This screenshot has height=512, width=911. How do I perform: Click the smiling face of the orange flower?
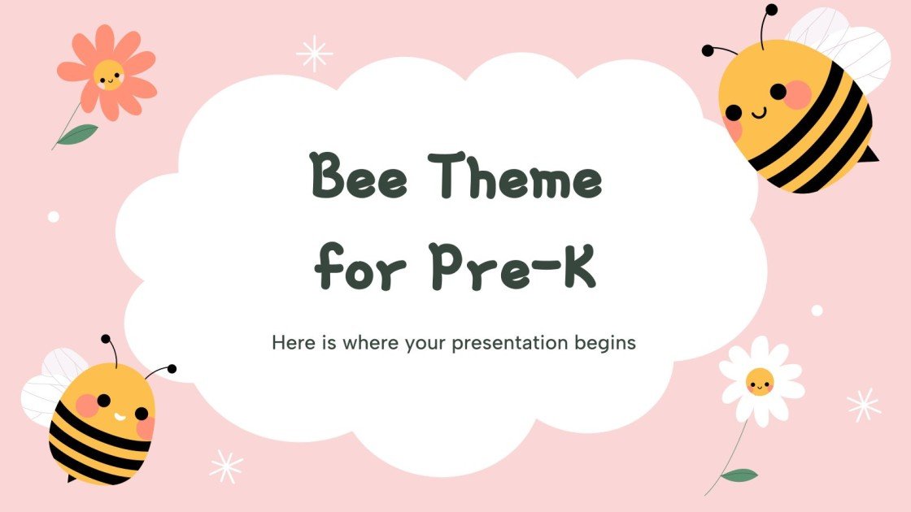point(107,76)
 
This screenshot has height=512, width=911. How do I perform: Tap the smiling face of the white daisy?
point(760,380)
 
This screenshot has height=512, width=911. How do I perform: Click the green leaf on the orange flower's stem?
point(78,133)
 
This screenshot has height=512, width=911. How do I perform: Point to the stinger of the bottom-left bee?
point(71,479)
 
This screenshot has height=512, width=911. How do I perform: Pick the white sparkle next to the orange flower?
point(314,53)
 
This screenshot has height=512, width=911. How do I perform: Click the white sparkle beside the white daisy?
point(863,404)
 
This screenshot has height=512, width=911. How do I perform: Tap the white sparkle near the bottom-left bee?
point(226,466)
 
